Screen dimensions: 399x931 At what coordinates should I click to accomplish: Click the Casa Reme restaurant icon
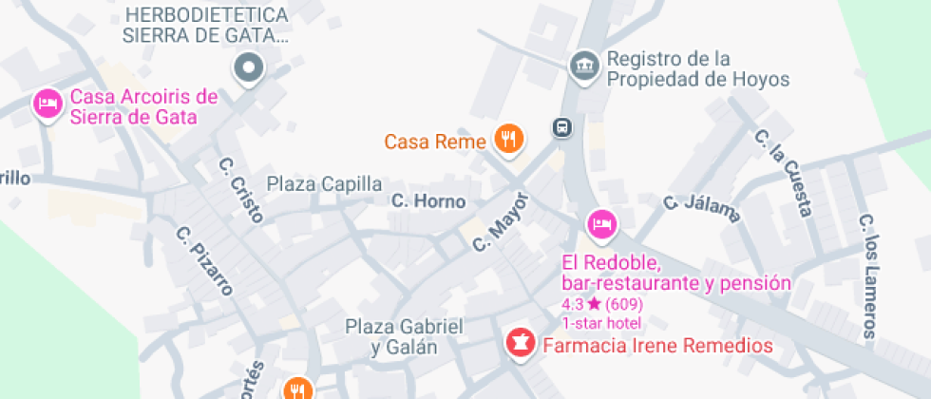coord(509,141)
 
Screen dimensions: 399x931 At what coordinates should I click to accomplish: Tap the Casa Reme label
coord(435,142)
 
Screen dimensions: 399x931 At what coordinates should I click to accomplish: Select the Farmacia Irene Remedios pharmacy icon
coord(520,345)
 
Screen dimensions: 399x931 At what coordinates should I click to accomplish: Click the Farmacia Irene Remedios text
coord(657,346)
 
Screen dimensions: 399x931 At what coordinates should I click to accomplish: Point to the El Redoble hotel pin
coord(600,224)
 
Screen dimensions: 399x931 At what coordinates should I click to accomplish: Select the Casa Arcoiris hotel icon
coord(47,104)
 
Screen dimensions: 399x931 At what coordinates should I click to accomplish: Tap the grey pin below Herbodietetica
coord(249,67)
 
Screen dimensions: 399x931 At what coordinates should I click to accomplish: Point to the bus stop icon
coord(562,127)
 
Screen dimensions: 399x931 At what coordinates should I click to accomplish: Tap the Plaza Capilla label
coord(324,183)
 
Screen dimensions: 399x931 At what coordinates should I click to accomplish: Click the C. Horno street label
coord(429,201)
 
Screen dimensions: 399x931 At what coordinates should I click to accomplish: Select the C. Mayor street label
coord(501,222)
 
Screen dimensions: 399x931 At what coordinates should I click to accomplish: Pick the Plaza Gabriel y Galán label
coord(405,336)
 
